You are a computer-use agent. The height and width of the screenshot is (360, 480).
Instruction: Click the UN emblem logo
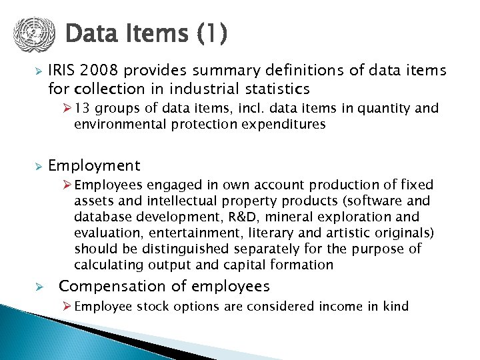(31, 34)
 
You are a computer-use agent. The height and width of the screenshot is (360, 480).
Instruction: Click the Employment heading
(94, 165)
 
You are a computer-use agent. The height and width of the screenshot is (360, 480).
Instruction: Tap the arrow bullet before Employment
(39, 166)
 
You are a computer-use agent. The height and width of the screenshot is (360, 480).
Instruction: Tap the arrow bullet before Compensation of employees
(39, 287)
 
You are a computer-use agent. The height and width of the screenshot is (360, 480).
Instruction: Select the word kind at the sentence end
(395, 307)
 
